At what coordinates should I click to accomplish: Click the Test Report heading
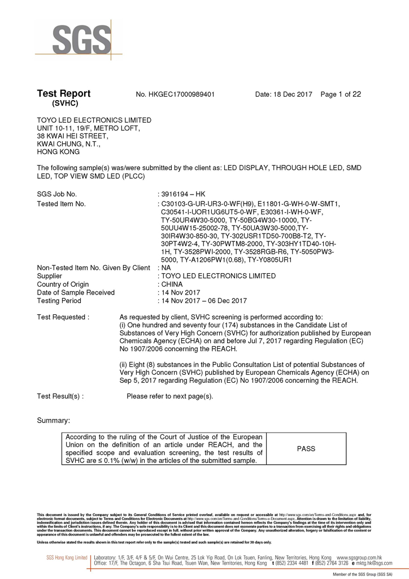click(63, 94)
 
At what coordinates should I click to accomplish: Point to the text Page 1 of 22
click(341, 94)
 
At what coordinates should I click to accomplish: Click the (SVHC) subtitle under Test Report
click(64, 104)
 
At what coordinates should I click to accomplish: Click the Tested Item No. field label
click(61, 204)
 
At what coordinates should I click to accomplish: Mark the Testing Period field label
click(59, 301)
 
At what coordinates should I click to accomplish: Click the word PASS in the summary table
click(306, 449)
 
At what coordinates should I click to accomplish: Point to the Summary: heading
click(54, 421)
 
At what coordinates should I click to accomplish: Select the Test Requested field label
click(63, 317)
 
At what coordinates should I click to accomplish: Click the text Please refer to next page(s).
click(170, 396)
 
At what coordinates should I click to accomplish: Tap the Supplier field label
click(50, 276)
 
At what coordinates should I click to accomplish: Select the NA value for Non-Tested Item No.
click(166, 268)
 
